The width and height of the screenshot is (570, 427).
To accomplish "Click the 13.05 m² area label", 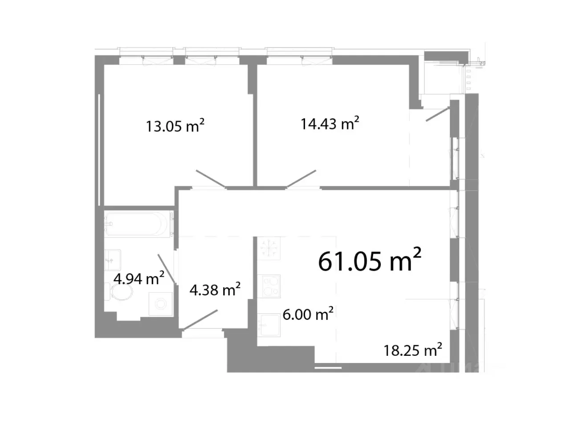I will coord(175,126).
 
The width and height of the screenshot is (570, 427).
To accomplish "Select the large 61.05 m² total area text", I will coord(370,261).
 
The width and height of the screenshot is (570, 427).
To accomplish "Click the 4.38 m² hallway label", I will coord(215,290).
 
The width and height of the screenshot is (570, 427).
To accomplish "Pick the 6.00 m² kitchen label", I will coord(308,314).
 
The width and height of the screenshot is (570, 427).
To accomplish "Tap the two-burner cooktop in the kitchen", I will coord(271,286).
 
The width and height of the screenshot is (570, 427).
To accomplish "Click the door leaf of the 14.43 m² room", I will coord(301,178).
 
